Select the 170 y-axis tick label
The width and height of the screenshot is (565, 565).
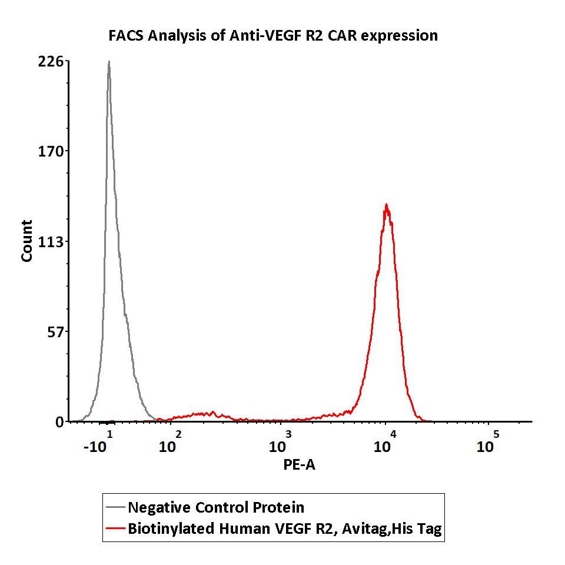tap(52, 151)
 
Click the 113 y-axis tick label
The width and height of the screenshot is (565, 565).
tap(52, 242)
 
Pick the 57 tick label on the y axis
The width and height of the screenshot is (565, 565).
tap(55, 332)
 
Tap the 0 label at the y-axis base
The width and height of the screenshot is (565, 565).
tap(59, 422)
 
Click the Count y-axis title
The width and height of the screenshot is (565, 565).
tap(27, 241)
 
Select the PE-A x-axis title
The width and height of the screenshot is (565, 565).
tap(300, 465)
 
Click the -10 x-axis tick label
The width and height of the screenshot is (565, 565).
tap(95, 447)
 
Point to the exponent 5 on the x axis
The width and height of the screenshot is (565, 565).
tap(496, 434)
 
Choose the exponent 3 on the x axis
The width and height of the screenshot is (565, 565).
tap(288, 434)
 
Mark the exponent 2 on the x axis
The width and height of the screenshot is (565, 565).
tap(178, 434)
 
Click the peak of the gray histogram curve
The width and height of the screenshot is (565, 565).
tap(109, 61)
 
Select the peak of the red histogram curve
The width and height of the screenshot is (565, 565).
tap(386, 205)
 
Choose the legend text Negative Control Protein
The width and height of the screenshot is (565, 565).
tap(216, 507)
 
